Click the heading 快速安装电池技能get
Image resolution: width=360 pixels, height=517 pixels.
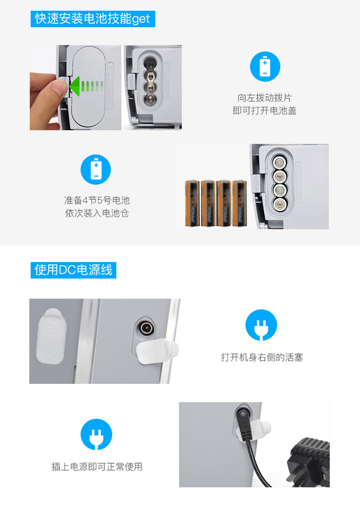pyautogui.click(x=93, y=19)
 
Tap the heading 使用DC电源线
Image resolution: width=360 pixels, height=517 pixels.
pyautogui.click(x=73, y=270)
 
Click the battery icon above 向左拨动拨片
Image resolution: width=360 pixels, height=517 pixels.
pyautogui.click(x=265, y=67)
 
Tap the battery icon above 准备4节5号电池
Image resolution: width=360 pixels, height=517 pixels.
pyautogui.click(x=96, y=169)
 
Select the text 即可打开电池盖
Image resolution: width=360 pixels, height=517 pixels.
pyautogui.click(x=265, y=110)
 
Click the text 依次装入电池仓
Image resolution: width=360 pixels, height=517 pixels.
pyautogui.click(x=97, y=213)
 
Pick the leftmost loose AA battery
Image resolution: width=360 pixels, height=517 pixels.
pyautogui.click(x=192, y=204)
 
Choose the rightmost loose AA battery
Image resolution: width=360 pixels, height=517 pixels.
pyautogui.click(x=240, y=204)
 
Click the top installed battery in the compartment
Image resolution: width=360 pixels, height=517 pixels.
pyautogui.click(x=279, y=162)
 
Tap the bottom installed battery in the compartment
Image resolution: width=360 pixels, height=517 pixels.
pyautogui.click(x=279, y=204)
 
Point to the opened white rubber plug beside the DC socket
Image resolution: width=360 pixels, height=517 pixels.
pyautogui.click(x=157, y=352)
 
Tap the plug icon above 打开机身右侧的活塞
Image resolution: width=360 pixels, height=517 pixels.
pyautogui.click(x=261, y=325)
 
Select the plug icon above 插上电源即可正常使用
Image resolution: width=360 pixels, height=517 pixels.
pyautogui.click(x=96, y=435)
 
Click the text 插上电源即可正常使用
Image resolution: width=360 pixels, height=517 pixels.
pyautogui.click(x=97, y=466)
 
